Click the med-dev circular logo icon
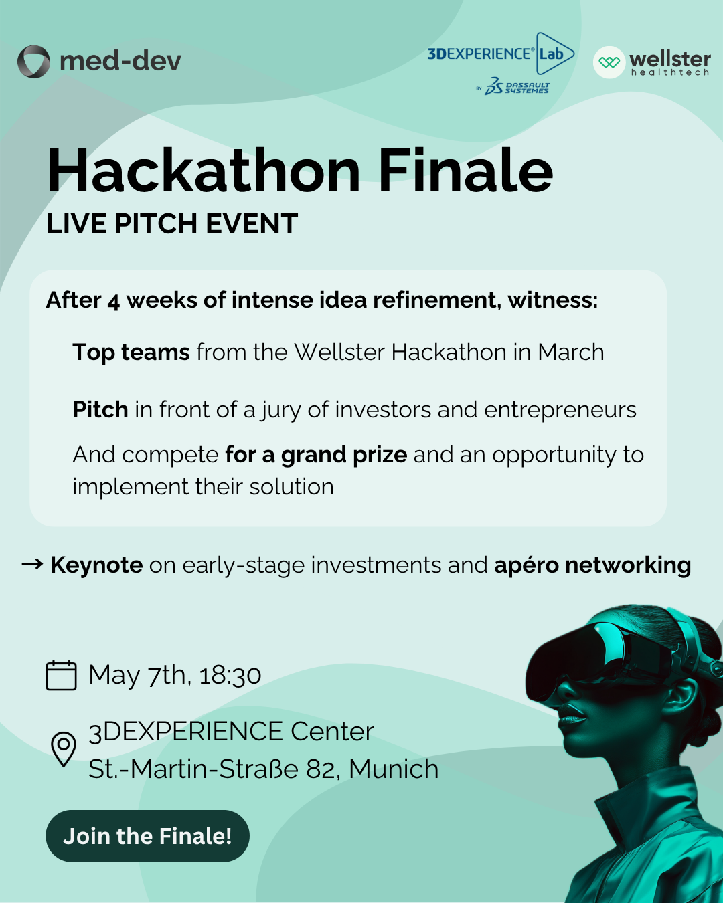[x=33, y=62]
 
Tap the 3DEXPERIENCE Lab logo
[x=501, y=54]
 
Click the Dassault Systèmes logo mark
[x=494, y=86]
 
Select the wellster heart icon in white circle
[x=609, y=62]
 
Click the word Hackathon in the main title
[x=204, y=171]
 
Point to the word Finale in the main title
[x=466, y=171]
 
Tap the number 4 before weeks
[x=113, y=301]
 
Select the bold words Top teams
[x=131, y=353]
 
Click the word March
[x=570, y=353]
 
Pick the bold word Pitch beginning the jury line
[x=100, y=409]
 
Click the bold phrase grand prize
[x=344, y=455]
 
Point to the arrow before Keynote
[x=32, y=565]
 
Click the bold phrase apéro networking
[x=592, y=565]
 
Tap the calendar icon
[x=61, y=675]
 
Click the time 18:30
[x=230, y=675]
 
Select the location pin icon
[x=64, y=748]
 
